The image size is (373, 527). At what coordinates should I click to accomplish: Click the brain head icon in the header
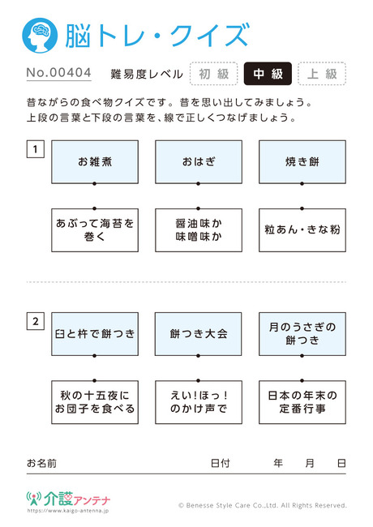click(40, 36)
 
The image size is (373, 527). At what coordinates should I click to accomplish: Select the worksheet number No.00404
click(59, 73)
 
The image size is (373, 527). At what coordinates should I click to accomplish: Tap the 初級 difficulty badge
click(214, 74)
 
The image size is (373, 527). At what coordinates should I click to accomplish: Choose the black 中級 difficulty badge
click(268, 74)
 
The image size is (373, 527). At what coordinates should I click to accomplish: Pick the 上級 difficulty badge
click(322, 74)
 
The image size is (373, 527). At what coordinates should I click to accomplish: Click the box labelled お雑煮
click(95, 162)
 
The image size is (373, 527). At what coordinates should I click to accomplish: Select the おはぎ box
click(199, 162)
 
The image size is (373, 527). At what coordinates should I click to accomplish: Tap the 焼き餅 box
click(302, 162)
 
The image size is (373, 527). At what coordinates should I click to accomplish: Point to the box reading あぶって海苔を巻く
click(95, 230)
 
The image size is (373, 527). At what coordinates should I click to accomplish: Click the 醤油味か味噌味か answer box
click(199, 230)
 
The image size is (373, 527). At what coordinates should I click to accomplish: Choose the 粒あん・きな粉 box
click(302, 230)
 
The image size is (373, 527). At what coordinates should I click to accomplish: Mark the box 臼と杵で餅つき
click(95, 334)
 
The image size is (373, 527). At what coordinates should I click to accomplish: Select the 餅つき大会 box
click(199, 334)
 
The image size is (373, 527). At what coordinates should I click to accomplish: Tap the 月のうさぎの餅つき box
click(302, 334)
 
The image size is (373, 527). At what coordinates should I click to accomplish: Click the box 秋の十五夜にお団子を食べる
click(95, 402)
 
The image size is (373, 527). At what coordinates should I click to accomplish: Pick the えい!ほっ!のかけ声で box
click(199, 402)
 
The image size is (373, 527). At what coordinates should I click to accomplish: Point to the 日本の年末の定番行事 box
click(302, 402)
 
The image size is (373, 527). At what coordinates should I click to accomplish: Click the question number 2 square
click(36, 321)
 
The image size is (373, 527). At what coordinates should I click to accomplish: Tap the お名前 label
click(41, 464)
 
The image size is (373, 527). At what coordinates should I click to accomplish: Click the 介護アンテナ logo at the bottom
click(68, 499)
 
